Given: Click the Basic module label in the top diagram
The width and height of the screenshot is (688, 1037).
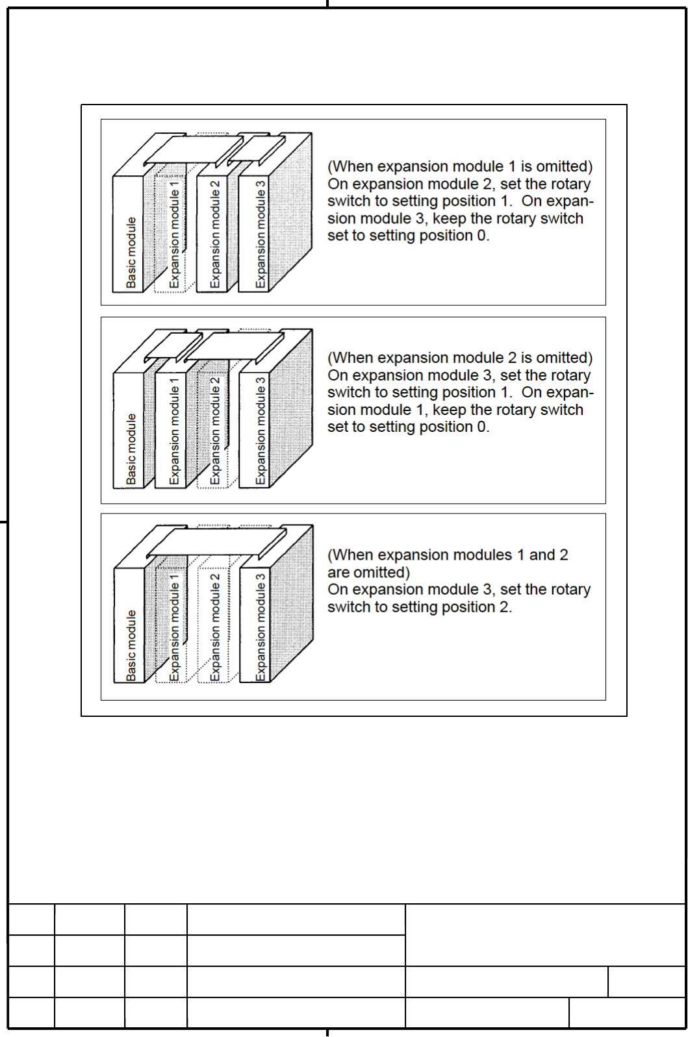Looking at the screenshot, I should (x=131, y=252).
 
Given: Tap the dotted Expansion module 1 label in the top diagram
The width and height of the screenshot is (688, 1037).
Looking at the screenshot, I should (x=173, y=234).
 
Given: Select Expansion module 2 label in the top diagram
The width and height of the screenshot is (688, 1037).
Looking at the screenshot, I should (x=215, y=234).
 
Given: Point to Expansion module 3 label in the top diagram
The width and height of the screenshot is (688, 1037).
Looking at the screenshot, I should (x=261, y=234).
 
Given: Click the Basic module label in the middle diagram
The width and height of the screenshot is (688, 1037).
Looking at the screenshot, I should (x=131, y=449).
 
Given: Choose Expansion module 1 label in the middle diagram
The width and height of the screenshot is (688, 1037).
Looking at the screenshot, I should (x=173, y=431).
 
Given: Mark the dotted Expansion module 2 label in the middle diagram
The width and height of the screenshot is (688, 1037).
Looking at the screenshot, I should (x=215, y=431).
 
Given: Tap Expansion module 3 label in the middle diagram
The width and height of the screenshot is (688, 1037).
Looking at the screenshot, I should (x=261, y=431).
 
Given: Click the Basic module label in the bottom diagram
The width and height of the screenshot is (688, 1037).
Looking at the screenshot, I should (x=131, y=645).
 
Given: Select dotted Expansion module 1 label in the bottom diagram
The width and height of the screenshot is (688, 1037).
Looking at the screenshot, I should (x=173, y=627).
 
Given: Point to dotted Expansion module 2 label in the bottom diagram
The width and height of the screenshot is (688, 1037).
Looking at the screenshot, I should (x=215, y=627).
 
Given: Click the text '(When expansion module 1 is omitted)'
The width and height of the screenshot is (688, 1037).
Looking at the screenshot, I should (x=460, y=167).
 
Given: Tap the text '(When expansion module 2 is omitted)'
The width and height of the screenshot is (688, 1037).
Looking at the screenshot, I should (x=460, y=358).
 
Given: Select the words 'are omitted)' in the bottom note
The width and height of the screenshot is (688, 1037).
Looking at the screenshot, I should (x=369, y=573).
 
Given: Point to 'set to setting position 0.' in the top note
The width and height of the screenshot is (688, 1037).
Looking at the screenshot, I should (x=408, y=236).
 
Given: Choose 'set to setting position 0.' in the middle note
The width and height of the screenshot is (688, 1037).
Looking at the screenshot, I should (x=408, y=427).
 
